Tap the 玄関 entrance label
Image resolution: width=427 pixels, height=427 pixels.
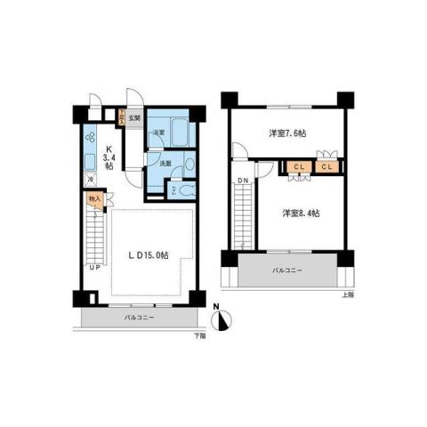[133, 117]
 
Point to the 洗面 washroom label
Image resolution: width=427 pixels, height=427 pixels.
[165, 163]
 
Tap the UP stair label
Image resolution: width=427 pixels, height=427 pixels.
[93, 266]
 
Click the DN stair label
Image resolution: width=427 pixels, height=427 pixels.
[243, 183]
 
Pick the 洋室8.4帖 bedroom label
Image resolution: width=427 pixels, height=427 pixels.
[300, 213]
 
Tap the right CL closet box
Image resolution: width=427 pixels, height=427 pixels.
[326, 166]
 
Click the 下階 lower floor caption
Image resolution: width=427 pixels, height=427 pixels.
[198, 335]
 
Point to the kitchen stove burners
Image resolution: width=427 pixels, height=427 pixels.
[91, 137]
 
